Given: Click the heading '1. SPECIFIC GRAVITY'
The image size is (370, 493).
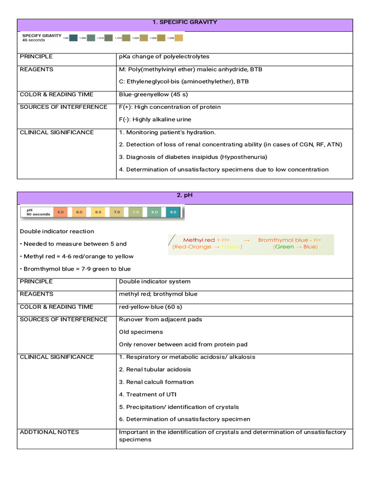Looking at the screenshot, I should (x=185, y=22).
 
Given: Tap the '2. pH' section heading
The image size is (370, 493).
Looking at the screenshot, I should (x=185, y=195).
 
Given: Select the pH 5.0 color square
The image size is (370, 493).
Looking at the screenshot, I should (x=60, y=212).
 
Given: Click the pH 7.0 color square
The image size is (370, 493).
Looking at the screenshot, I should (x=117, y=212).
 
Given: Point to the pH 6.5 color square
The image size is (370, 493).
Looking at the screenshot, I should (x=98, y=212).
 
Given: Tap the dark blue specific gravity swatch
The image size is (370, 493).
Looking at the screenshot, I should (x=73, y=38).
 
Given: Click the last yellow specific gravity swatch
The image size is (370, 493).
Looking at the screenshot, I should (x=178, y=38).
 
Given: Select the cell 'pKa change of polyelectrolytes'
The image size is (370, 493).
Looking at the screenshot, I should (x=164, y=57).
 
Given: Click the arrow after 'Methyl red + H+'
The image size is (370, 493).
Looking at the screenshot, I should (x=246, y=240).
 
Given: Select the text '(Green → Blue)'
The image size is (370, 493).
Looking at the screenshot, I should (x=295, y=247).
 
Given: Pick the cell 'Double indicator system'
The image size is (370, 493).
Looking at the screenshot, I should (x=155, y=282).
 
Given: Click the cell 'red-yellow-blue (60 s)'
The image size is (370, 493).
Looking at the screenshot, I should (x=150, y=307).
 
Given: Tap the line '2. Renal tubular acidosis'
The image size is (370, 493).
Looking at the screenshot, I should (x=155, y=369).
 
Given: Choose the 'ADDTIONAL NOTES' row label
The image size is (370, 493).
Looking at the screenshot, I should (x=49, y=432).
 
